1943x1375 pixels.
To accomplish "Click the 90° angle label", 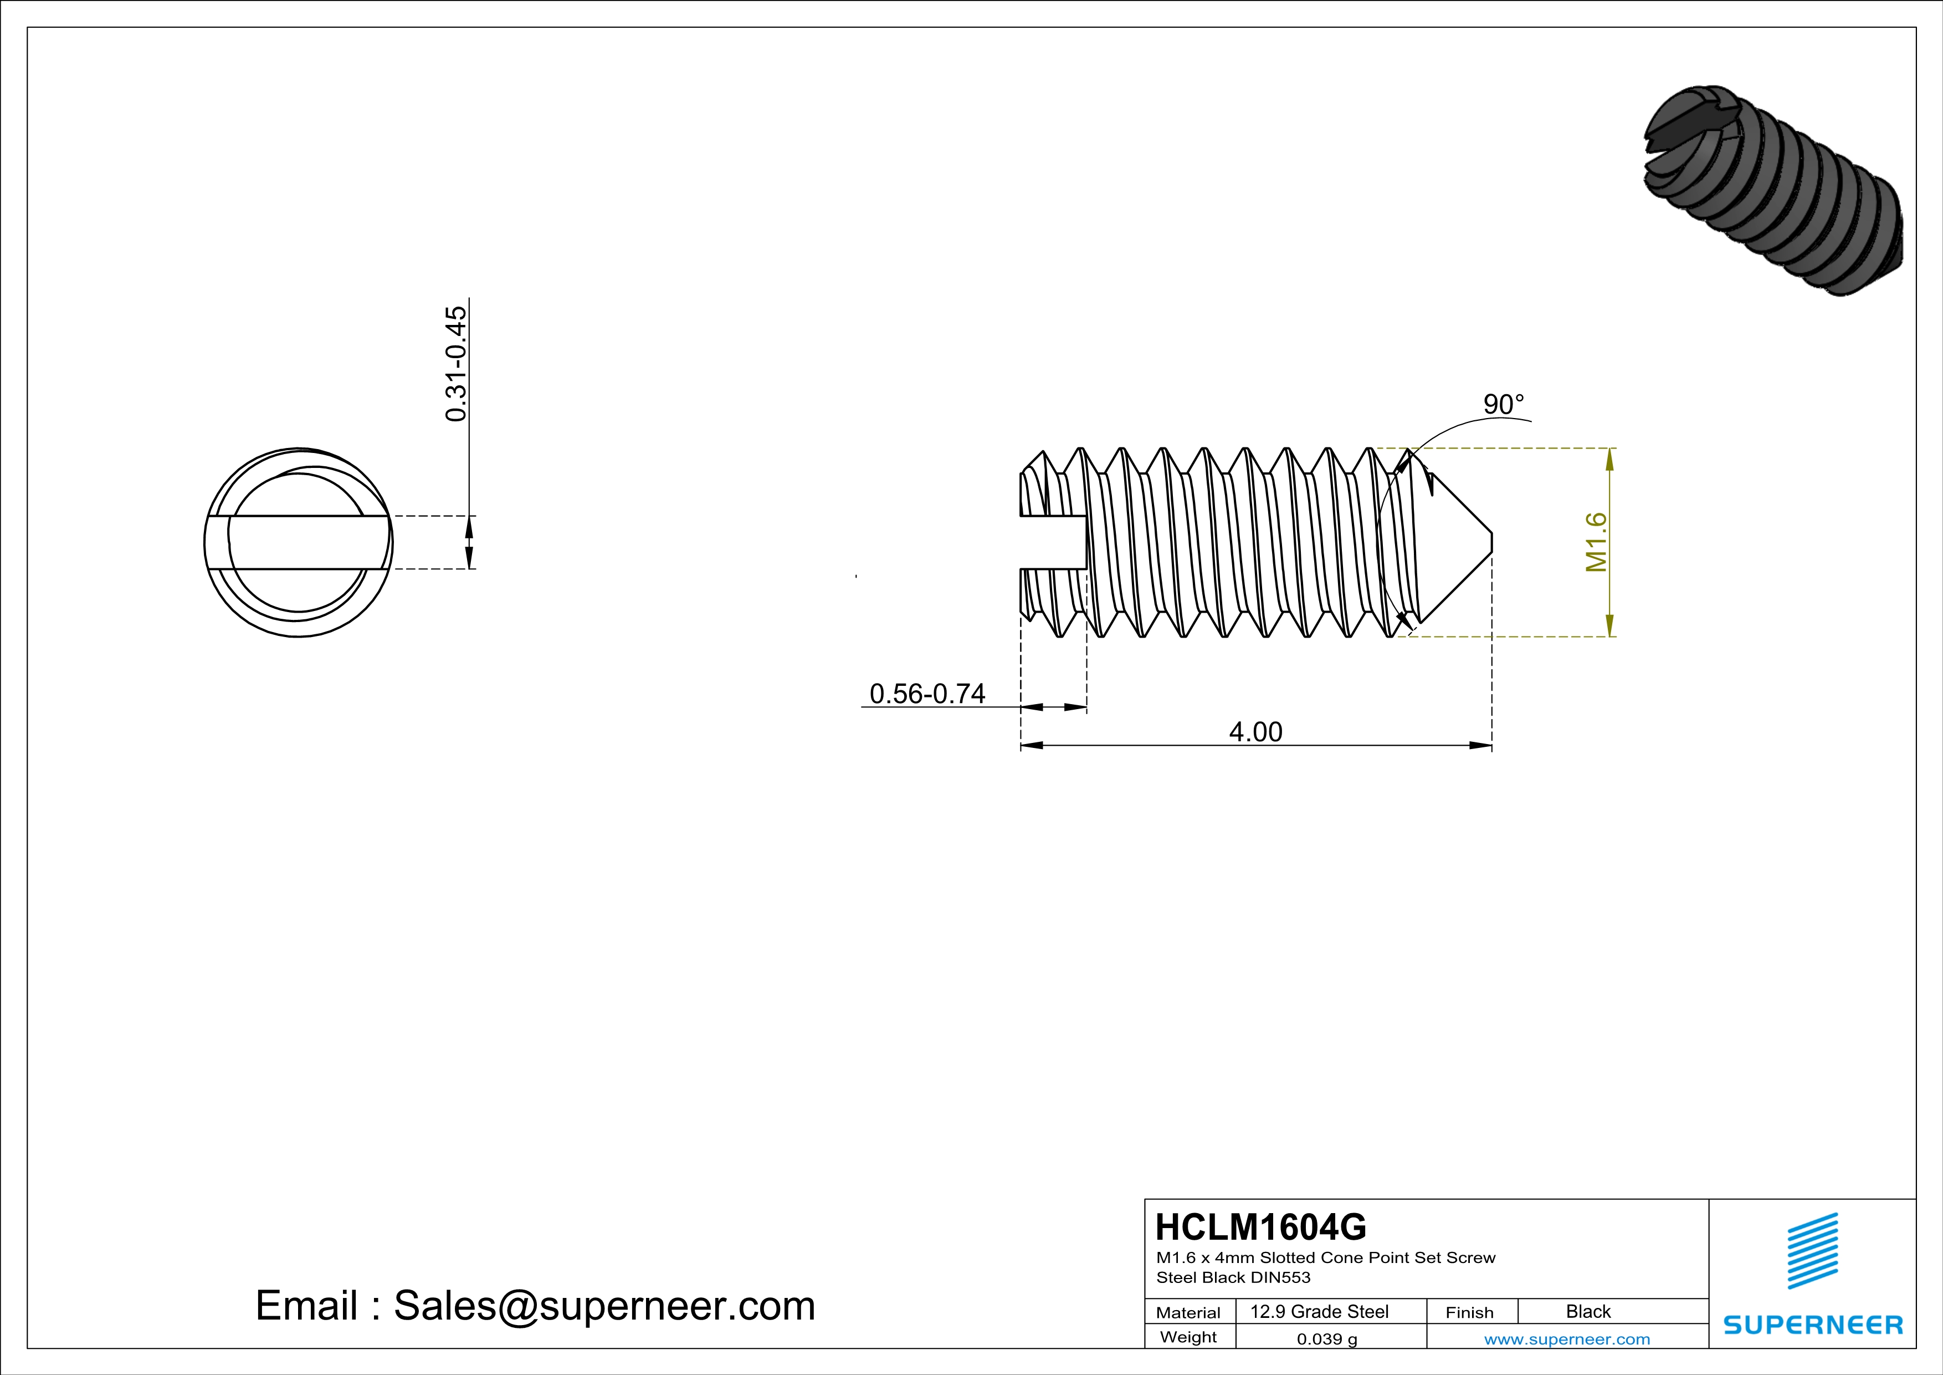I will [1503, 405].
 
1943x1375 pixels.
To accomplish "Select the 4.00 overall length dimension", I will [1255, 731].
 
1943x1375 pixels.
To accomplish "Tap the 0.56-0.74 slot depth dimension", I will [927, 694].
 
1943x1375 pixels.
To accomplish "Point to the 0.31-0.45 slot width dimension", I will [455, 364].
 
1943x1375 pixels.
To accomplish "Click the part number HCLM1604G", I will [1260, 1227].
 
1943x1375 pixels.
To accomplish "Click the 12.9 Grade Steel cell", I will [1319, 1311].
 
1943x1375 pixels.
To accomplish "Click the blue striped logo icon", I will [1812, 1251].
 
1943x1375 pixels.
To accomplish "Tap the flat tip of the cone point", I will [1490, 542].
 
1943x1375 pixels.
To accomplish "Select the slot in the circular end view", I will [298, 542].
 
